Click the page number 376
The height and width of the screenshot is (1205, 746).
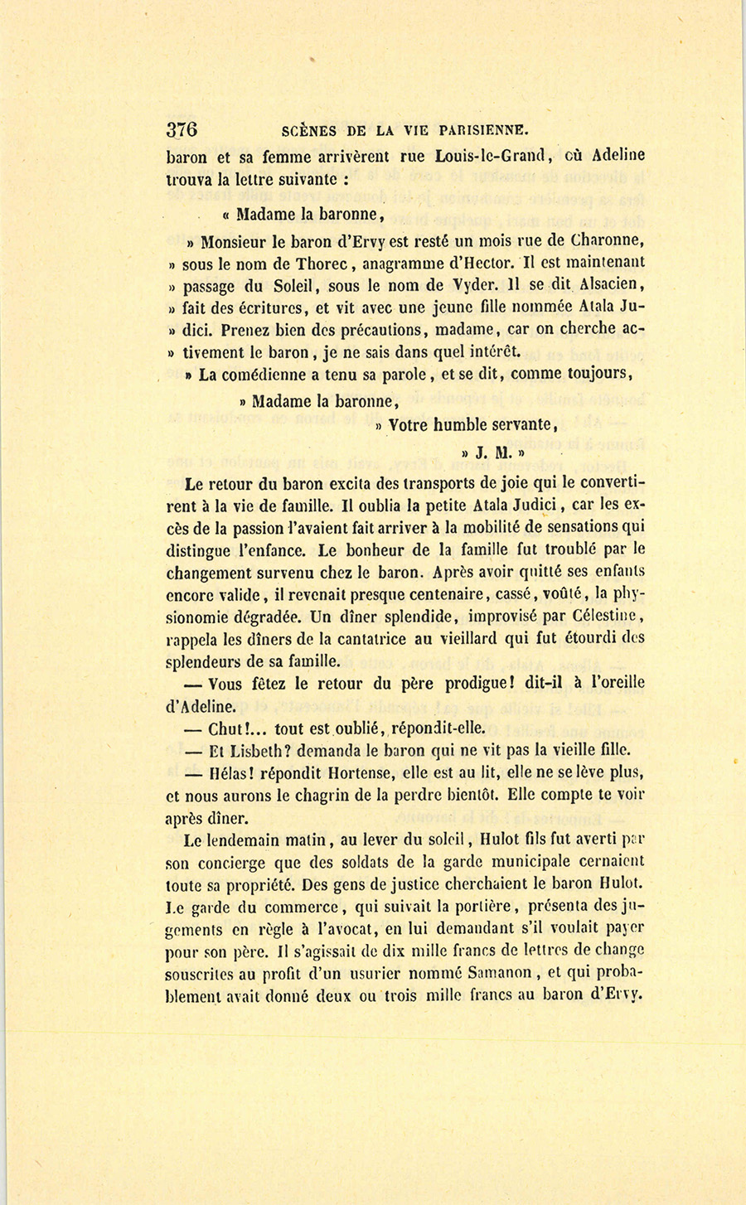182,129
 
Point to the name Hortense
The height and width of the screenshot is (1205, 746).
359,774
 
